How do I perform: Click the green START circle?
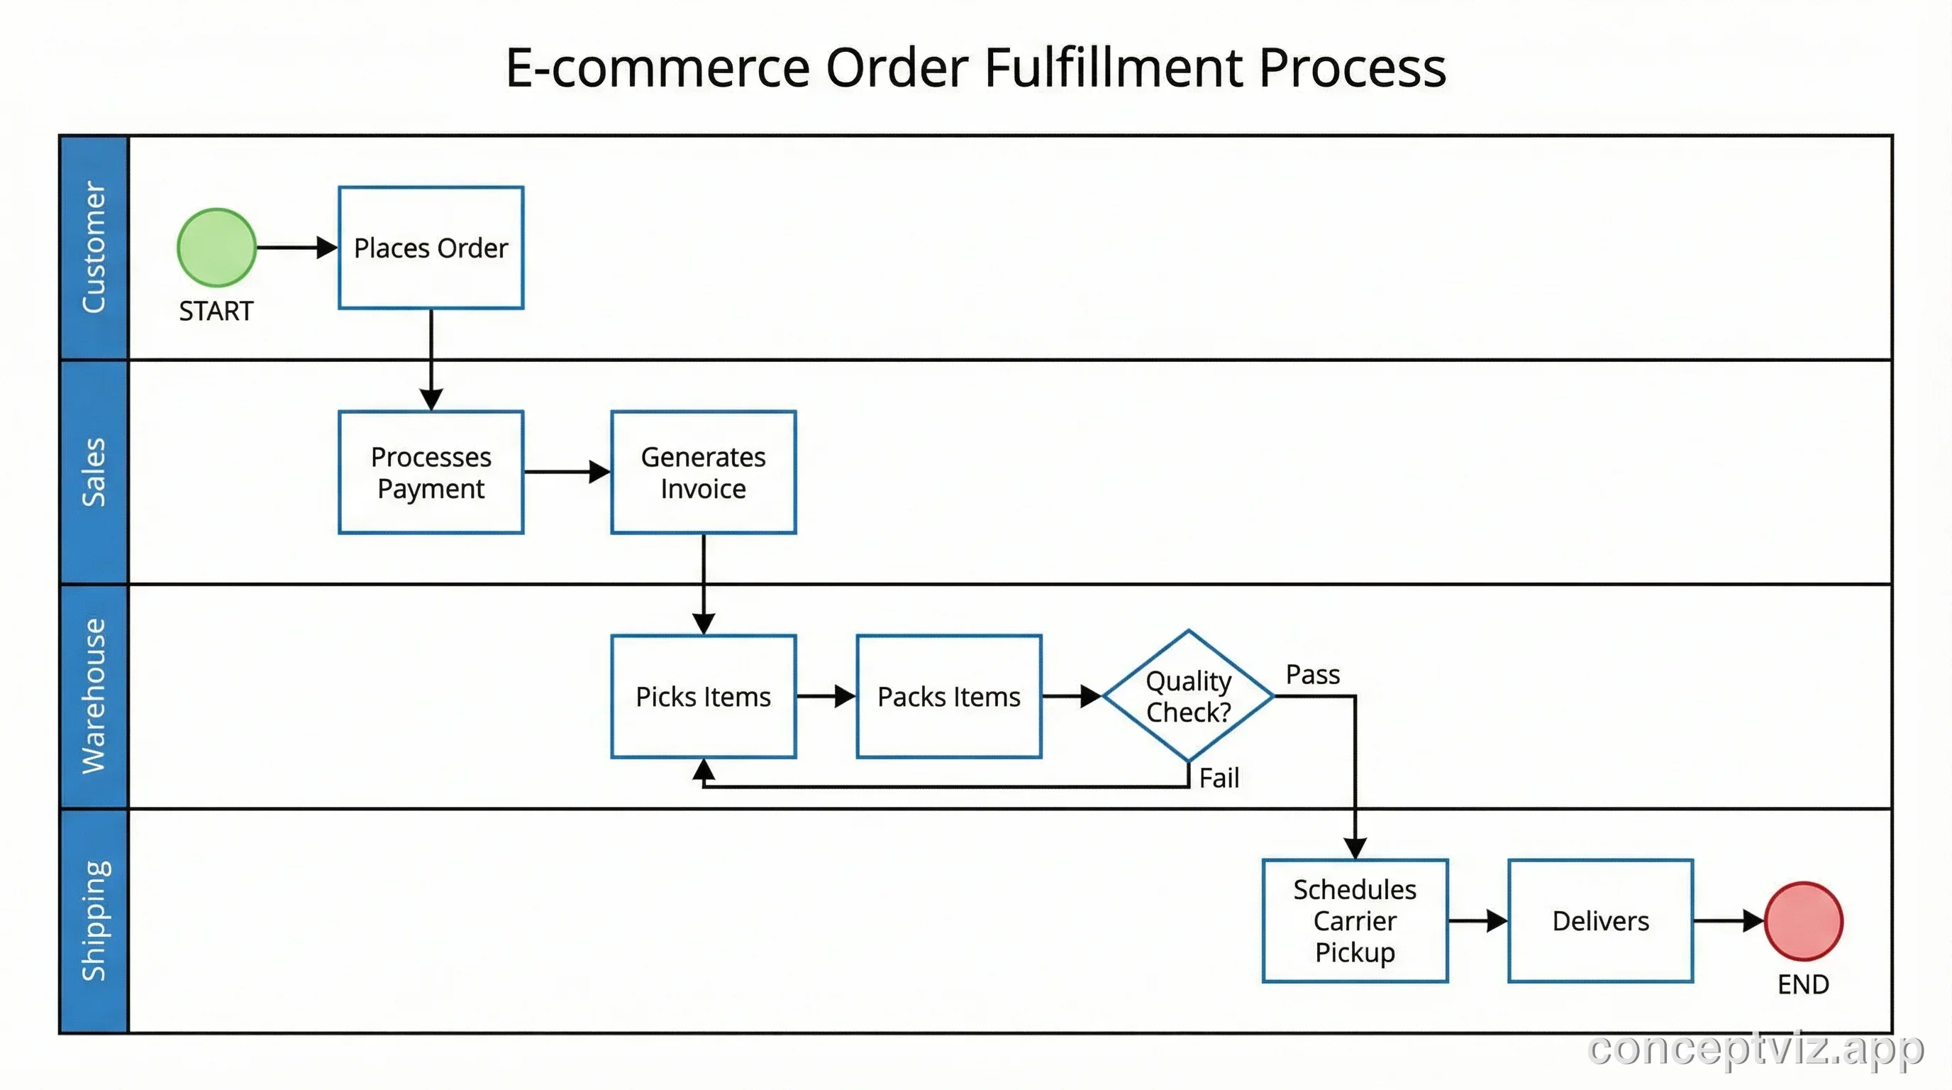pos(217,247)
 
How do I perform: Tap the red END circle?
pos(1803,920)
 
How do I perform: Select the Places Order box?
pos(431,247)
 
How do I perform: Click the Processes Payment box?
pos(431,471)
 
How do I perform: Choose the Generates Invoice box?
pos(703,471)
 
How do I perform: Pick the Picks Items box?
pos(703,696)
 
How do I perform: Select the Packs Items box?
pos(949,696)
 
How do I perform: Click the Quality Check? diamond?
pos(1188,696)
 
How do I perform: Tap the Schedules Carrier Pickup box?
pos(1355,920)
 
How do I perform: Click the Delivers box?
pos(1600,920)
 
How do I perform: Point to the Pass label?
pos(1312,674)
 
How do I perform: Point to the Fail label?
pos(1219,778)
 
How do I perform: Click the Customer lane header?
pos(94,247)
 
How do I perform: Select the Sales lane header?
pos(94,471)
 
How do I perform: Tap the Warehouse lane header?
pos(94,696)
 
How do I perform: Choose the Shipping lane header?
pos(94,920)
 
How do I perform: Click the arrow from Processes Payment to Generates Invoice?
pos(566,471)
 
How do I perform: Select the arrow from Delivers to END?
pos(1728,920)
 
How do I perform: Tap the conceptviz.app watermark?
pos(1755,1049)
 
